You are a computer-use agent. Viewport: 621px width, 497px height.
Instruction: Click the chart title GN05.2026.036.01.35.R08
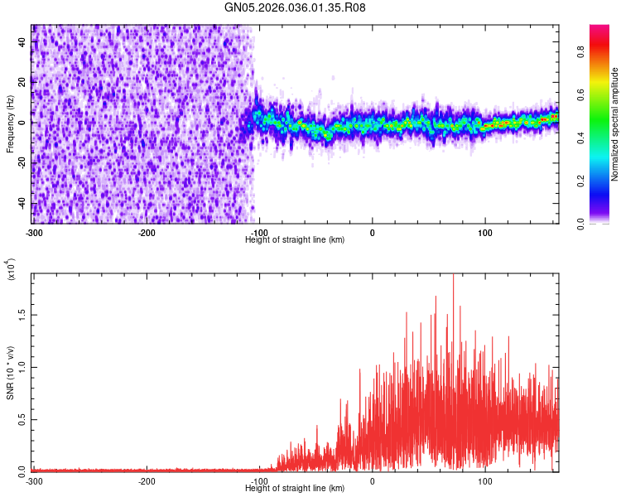pyautogui.click(x=295, y=7)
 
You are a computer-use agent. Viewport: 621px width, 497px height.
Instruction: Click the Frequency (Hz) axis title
pyautogui.click(x=11, y=123)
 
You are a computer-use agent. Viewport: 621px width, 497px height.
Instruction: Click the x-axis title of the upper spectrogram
pyautogui.click(x=295, y=239)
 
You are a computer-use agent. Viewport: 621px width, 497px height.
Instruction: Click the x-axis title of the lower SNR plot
pyautogui.click(x=295, y=488)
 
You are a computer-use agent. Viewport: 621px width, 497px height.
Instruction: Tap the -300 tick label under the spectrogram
pyautogui.click(x=34, y=232)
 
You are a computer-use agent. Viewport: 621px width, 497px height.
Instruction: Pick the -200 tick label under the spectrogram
pyautogui.click(x=147, y=232)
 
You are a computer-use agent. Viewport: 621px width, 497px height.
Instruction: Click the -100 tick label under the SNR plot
pyautogui.click(x=259, y=480)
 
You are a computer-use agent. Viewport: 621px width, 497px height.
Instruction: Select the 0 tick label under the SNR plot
pyautogui.click(x=372, y=480)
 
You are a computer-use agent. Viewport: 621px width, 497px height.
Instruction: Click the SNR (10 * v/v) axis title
pyautogui.click(x=11, y=373)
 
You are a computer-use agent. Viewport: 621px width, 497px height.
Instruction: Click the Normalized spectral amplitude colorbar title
pyautogui.click(x=615, y=124)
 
